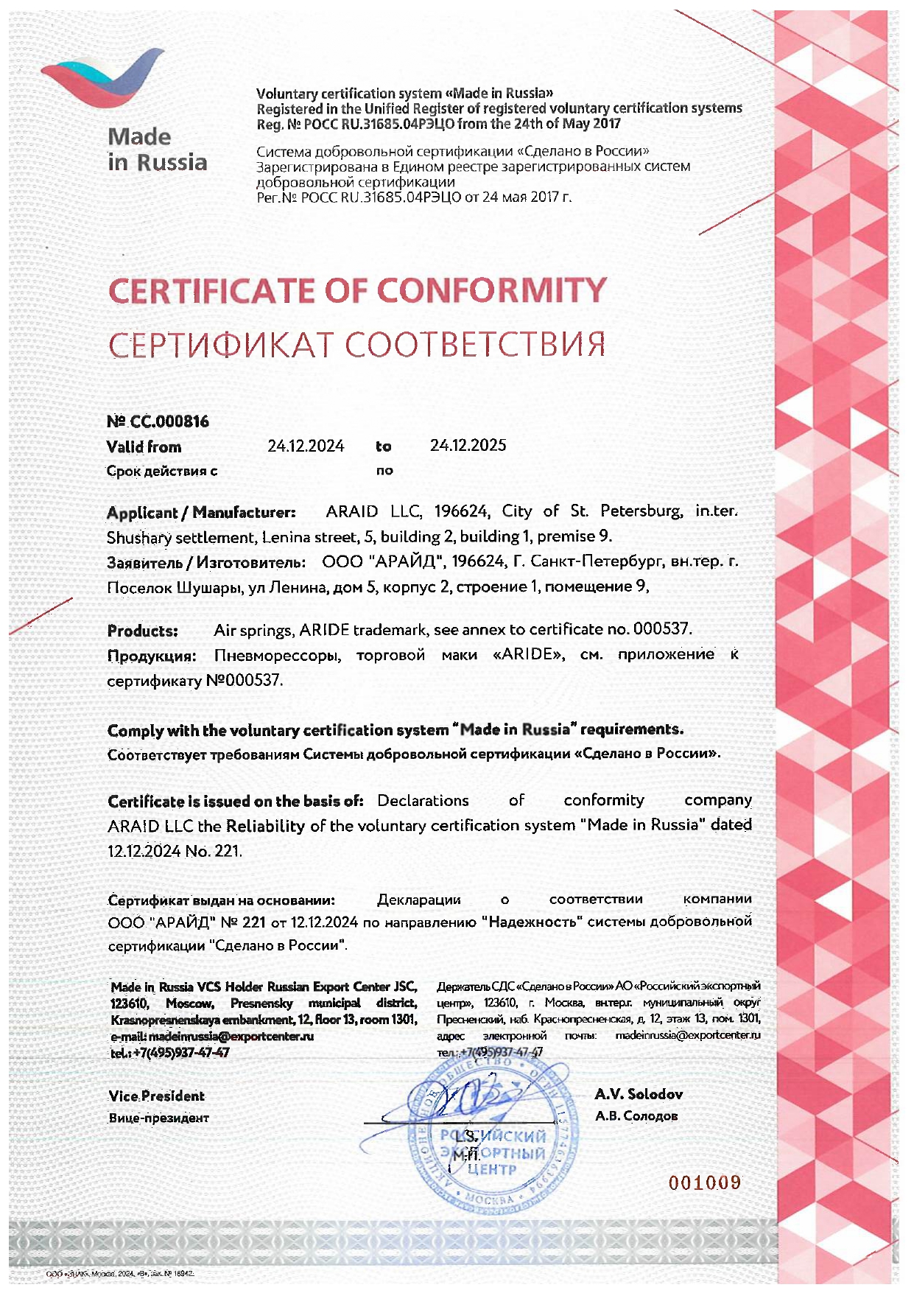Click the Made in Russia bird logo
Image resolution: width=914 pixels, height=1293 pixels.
102,77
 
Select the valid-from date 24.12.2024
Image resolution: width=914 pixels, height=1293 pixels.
306,446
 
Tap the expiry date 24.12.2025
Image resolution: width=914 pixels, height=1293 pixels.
468,445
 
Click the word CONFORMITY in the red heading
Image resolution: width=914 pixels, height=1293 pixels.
492,290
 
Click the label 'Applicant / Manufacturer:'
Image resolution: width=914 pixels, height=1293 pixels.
201,513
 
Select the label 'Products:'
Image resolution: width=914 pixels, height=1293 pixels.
143,631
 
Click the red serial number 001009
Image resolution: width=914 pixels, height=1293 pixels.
704,1183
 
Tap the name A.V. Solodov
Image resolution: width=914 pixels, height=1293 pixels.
639,1095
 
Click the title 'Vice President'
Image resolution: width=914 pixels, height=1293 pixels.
156,1096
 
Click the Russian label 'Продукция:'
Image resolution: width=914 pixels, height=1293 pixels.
152,656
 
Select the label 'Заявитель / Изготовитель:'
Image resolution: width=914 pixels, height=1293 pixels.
206,563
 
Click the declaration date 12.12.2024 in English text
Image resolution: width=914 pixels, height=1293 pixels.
144,852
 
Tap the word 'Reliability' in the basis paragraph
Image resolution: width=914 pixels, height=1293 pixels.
265,826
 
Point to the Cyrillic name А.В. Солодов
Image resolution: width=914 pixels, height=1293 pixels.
636,1116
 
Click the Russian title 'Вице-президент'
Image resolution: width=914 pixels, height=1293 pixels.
159,1118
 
